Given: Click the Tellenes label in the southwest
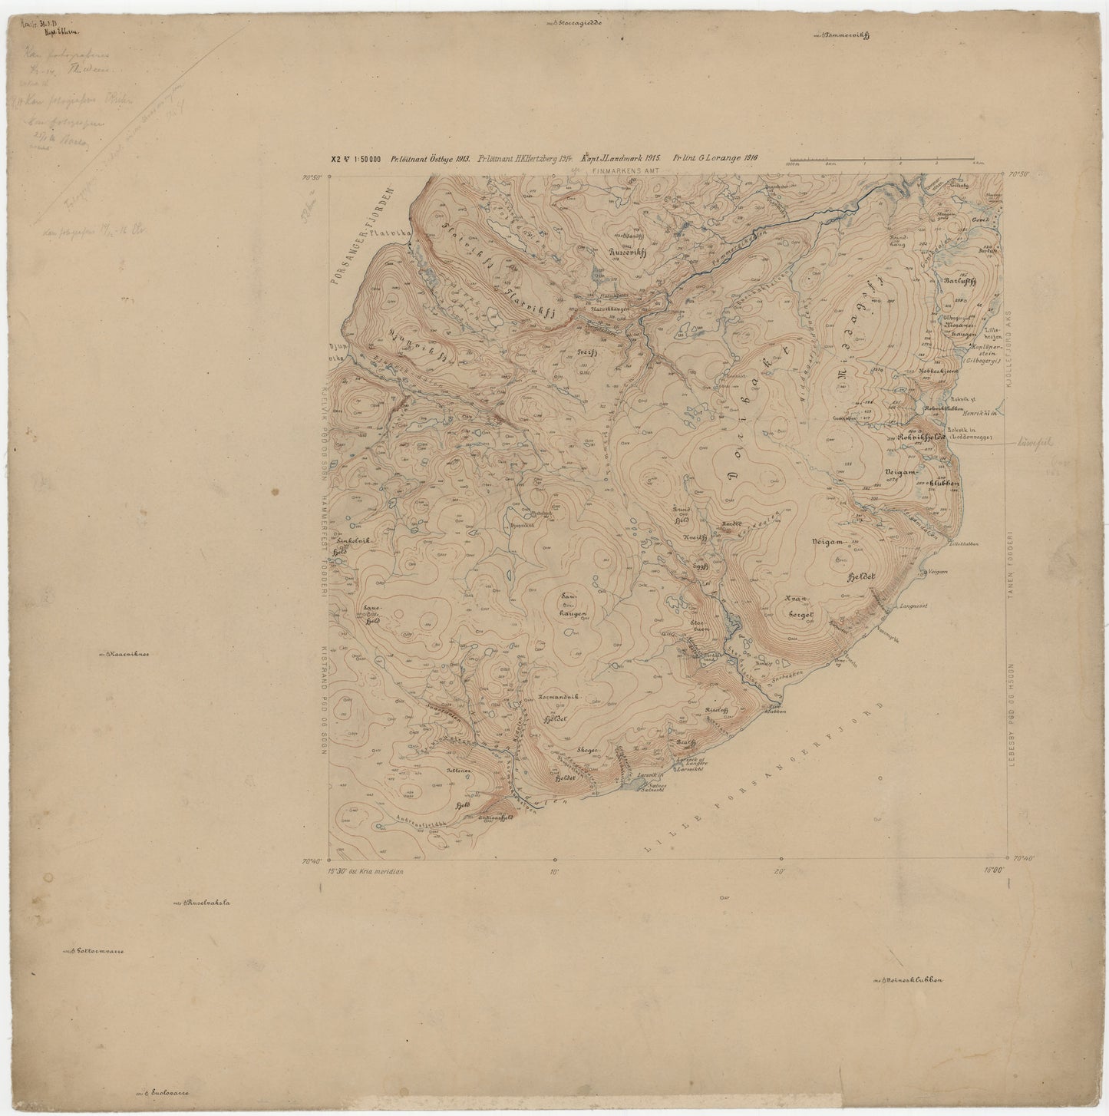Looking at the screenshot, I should tap(458, 770).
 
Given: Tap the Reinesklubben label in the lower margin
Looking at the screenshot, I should tap(912, 980).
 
